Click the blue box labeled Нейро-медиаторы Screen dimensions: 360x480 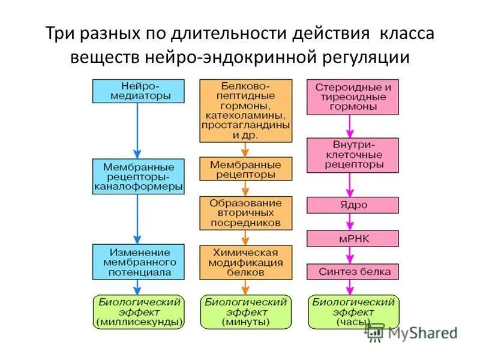click(x=137, y=90)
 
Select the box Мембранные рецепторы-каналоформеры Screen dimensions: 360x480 click(x=137, y=176)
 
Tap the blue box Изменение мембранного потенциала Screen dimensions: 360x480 click(x=137, y=262)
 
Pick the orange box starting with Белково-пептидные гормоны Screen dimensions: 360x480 click(x=246, y=110)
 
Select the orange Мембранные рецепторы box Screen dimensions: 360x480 click(x=246, y=169)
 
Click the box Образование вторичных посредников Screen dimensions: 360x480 click(x=246, y=213)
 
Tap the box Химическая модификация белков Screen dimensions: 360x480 click(x=246, y=262)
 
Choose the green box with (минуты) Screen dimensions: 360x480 click(x=245, y=312)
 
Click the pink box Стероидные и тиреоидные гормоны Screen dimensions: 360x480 click(x=353, y=97)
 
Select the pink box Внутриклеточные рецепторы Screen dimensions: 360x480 click(x=353, y=154)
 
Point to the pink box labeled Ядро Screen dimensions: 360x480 click(x=353, y=205)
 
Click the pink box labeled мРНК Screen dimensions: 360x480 click(x=353, y=238)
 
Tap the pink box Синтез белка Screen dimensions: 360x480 click(x=353, y=271)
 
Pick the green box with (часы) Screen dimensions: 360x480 click(x=353, y=312)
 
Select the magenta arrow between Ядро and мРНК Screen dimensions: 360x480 click(x=352, y=221)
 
